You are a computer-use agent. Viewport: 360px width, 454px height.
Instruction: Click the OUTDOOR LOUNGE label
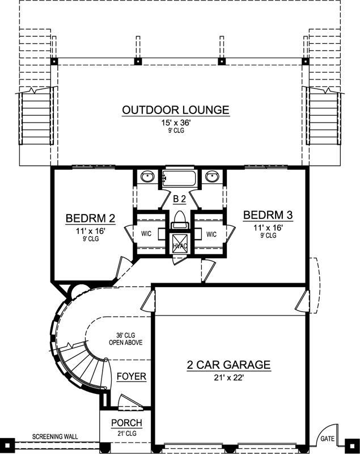pyautogui.click(x=176, y=110)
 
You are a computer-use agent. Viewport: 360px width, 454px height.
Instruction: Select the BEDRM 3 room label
pyautogui.click(x=268, y=215)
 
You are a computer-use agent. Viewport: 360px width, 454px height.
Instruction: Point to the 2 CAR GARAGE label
pyautogui.click(x=228, y=365)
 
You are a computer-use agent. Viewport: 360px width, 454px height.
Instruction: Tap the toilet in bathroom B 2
pyautogui.click(x=179, y=218)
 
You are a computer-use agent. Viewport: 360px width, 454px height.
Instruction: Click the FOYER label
pyautogui.click(x=132, y=376)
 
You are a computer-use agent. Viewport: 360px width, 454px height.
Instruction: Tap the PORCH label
pyautogui.click(x=126, y=423)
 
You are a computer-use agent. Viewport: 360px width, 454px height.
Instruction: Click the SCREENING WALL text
pyautogui.click(x=55, y=436)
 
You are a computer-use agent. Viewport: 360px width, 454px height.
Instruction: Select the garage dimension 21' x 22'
pyautogui.click(x=228, y=378)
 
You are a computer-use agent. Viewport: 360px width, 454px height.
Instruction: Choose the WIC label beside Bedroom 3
pyautogui.click(x=211, y=234)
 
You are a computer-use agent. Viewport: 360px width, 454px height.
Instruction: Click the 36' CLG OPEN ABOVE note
pyautogui.click(x=126, y=339)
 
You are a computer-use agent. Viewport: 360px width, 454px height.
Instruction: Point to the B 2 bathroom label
pyautogui.click(x=179, y=199)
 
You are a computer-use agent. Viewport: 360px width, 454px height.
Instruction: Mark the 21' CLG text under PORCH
pyautogui.click(x=126, y=434)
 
